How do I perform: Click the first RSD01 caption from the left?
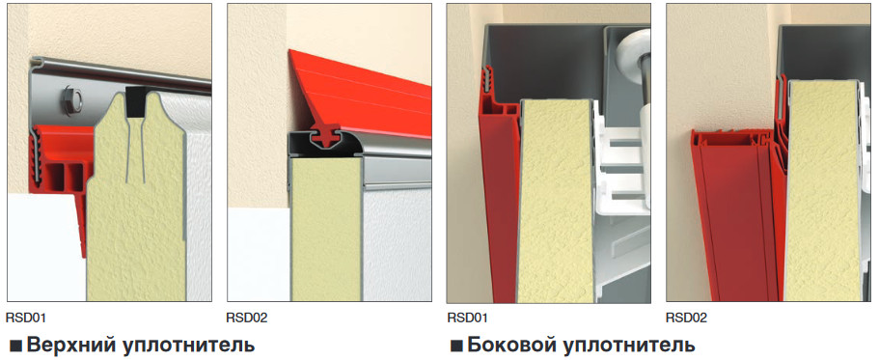tap(26, 318)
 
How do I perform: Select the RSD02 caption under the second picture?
tap(247, 318)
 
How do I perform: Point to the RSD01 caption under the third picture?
tap(467, 318)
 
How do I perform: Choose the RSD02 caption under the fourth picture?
tap(686, 318)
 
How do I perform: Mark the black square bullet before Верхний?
tap(15, 346)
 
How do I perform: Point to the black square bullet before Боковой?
tap(456, 346)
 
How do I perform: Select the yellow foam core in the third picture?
tap(555, 202)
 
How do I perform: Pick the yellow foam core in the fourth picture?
tap(822, 191)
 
